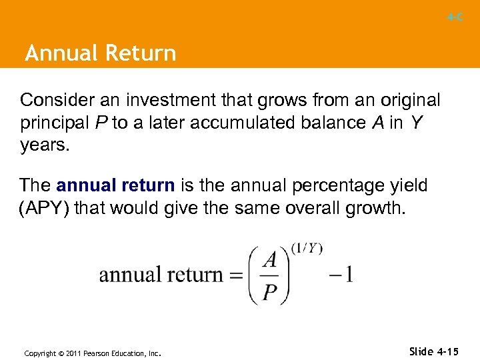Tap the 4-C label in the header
pyautogui.click(x=455, y=17)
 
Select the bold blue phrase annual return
pyautogui.click(x=115, y=185)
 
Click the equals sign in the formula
pyautogui.click(x=235, y=275)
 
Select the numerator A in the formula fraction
pyautogui.click(x=270, y=259)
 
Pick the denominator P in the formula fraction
pyautogui.click(x=270, y=292)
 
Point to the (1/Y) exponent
pyautogui.click(x=307, y=249)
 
